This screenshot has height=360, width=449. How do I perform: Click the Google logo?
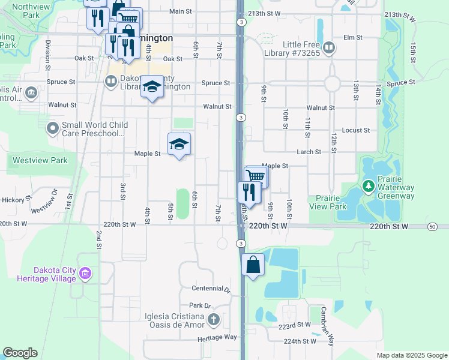pos(20,353)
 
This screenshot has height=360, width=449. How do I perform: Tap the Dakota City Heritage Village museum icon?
pos(85,274)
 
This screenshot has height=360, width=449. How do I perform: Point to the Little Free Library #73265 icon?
pos(328,47)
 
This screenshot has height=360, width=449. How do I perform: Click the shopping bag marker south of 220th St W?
pos(253,265)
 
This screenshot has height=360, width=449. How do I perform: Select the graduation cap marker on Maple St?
pos(178,144)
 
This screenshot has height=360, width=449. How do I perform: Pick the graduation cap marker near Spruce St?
pos(152,86)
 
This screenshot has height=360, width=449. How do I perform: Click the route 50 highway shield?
pos(432,226)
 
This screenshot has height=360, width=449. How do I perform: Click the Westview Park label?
pos(41,160)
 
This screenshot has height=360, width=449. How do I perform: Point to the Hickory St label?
pos(16,199)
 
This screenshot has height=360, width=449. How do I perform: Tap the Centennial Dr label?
pos(211,289)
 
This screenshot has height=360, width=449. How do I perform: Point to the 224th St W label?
pos(300,341)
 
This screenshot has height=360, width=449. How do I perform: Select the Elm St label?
pos(353,37)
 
